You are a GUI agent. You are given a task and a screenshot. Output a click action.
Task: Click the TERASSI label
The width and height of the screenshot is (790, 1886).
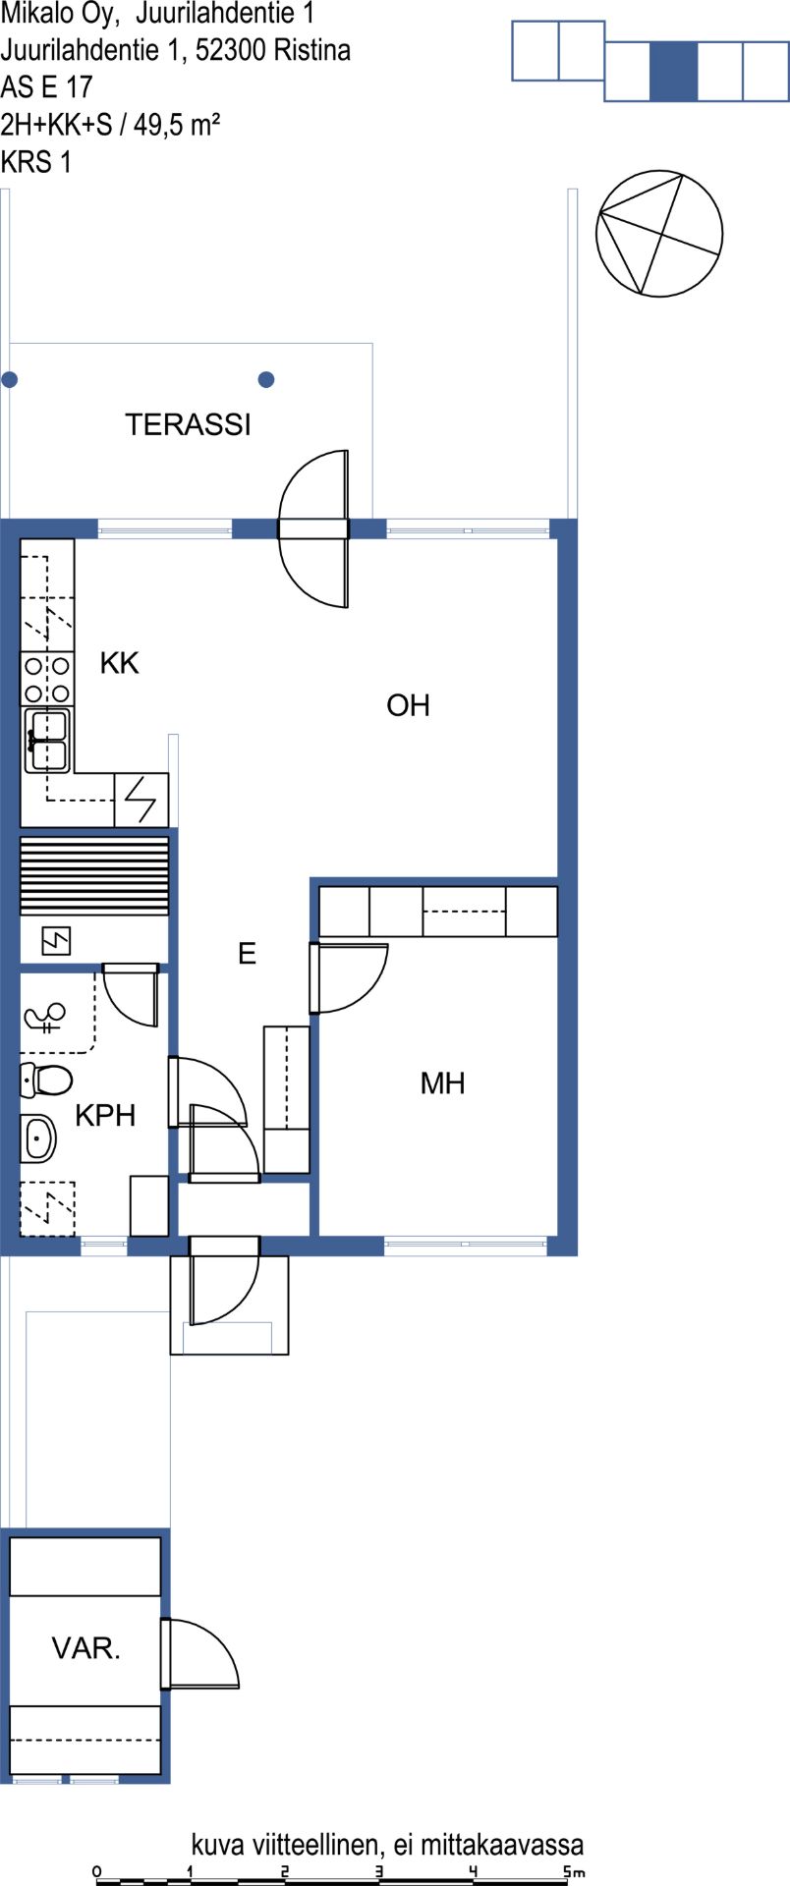tap(188, 424)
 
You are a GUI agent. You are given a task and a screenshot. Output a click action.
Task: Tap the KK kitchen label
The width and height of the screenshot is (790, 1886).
tap(120, 664)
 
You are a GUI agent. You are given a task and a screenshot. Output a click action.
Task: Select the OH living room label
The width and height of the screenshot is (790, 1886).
tap(408, 705)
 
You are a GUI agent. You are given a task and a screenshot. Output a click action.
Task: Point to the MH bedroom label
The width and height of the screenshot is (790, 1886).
tap(442, 1083)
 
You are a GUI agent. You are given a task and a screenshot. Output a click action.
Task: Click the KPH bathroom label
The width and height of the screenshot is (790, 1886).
tap(105, 1116)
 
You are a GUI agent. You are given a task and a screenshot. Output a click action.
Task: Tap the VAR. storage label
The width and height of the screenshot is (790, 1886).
tap(86, 1648)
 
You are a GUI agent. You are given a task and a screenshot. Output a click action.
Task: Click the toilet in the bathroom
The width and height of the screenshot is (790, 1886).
tap(46, 1081)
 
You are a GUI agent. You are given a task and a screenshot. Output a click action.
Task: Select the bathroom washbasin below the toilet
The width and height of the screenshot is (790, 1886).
tap(38, 1138)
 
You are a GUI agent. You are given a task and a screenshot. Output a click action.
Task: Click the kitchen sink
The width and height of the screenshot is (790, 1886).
tap(47, 741)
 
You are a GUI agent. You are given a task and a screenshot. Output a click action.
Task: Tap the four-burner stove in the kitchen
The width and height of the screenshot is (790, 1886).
tap(47, 679)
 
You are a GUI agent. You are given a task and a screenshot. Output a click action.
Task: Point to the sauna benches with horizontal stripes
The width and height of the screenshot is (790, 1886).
tap(94, 875)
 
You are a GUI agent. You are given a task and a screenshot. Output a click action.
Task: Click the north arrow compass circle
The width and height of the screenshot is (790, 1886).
tap(659, 234)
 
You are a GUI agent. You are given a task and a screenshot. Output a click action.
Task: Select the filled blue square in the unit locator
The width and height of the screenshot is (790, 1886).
tap(674, 72)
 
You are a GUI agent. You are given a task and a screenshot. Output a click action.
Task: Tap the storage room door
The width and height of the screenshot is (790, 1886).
tap(200, 1654)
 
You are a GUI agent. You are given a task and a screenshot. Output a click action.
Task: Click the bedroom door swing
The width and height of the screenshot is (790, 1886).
tap(349, 977)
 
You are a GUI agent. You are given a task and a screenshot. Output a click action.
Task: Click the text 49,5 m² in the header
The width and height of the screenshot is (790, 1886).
tap(177, 125)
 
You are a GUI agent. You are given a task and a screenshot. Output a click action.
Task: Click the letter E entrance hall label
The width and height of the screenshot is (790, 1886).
tap(248, 953)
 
